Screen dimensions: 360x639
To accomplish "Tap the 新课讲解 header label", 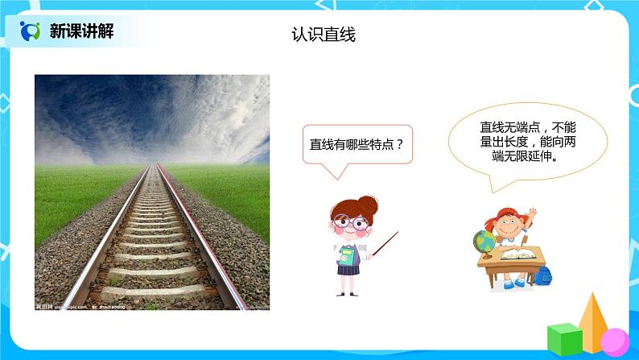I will tap(81, 31).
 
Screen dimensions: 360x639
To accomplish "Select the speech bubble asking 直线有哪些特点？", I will tap(357, 146).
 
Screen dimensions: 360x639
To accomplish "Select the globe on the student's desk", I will tap(484, 240).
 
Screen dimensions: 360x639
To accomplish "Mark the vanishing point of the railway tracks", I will tap(152, 163).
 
